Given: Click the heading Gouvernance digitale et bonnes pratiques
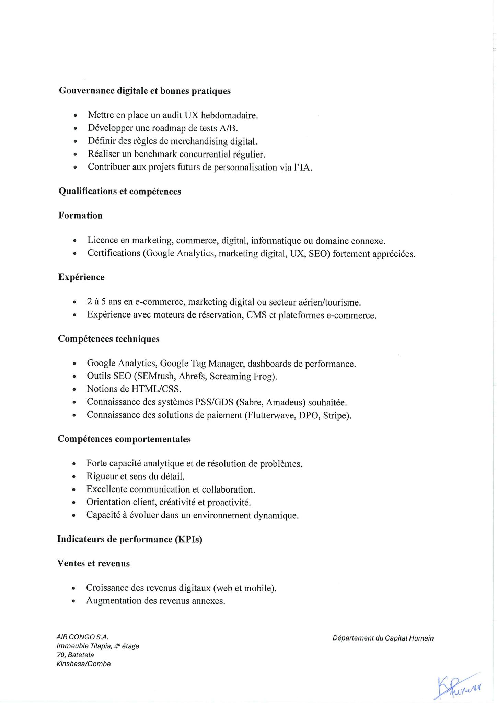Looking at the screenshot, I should pos(145,91).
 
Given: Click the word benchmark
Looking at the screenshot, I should pos(153,154).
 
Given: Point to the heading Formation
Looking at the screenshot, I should pos(80,216).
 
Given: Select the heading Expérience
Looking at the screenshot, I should pos(81,277).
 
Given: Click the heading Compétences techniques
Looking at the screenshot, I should pos(108,339).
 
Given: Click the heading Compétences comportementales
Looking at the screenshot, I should pos(124,439).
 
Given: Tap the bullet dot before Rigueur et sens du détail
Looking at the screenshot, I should pos(74,477).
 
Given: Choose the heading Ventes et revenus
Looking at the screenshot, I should pos(93,563).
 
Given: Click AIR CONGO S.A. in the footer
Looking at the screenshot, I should pos(82,637).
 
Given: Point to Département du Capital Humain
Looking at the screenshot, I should pos(383,638).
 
